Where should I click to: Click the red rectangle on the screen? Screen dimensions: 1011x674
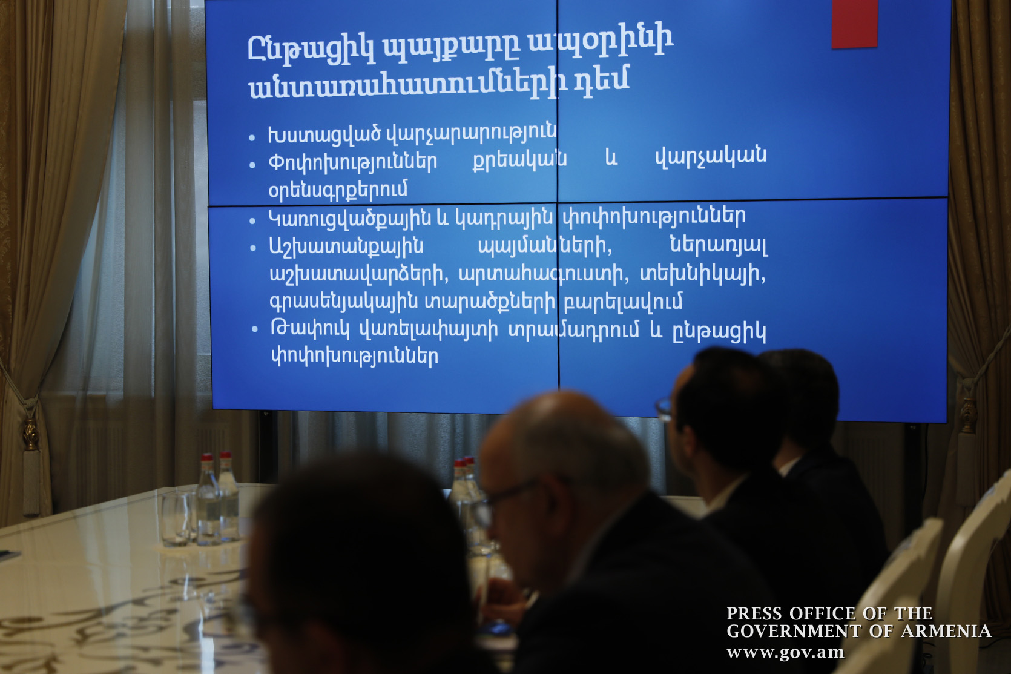coord(854,24)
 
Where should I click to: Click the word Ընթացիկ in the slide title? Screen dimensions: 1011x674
coord(311,48)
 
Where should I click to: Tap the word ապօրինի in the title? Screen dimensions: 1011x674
coord(601,43)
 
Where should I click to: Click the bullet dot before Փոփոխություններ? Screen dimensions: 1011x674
coord(252,165)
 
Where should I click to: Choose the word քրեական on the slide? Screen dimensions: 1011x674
coord(519,159)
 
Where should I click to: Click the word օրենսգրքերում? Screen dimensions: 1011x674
coord(338,189)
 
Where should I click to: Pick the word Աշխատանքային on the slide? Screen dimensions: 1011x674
coord(347,247)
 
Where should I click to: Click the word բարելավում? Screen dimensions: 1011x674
coord(624,301)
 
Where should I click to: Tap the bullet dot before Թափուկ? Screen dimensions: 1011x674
coord(254,329)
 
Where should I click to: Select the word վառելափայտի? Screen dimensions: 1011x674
coord(429,331)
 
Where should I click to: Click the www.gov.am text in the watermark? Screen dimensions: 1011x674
coord(785,652)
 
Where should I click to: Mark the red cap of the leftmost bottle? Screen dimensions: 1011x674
coord(207,457)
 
